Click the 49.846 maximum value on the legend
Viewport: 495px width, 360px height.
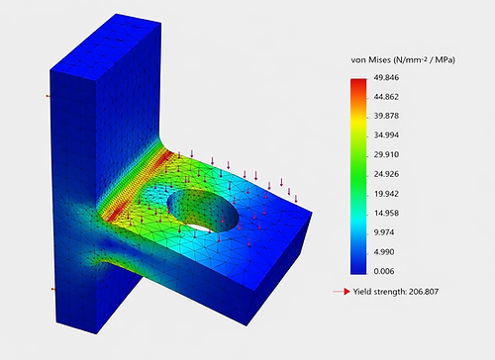tap(386, 78)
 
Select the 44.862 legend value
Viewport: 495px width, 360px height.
tap(386, 97)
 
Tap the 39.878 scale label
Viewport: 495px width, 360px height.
tap(386, 116)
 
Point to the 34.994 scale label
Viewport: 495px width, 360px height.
tap(386, 135)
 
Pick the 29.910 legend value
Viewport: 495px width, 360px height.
tap(386, 154)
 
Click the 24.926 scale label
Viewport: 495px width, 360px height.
tap(386, 174)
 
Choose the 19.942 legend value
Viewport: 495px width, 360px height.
tap(386, 194)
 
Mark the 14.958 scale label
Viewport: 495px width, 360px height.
tap(386, 214)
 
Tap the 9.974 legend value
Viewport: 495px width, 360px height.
tap(384, 232)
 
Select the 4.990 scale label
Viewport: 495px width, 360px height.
tap(384, 252)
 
